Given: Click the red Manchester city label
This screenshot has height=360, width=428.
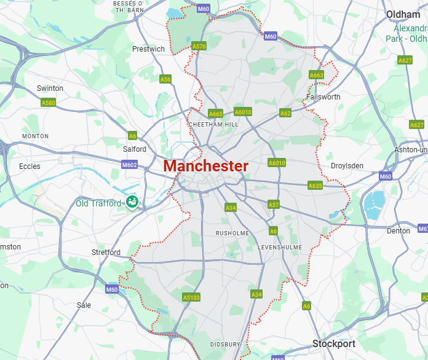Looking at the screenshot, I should click(x=206, y=166).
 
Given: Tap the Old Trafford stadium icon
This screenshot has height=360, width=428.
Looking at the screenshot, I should click(x=131, y=202).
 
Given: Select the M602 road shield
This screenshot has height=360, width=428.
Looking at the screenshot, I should click(x=130, y=165).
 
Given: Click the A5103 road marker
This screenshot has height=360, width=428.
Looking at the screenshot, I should click(x=191, y=297).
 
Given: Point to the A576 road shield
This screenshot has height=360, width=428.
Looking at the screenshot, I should click(x=199, y=46).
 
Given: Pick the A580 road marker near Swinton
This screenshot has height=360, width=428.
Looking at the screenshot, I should click(x=49, y=103).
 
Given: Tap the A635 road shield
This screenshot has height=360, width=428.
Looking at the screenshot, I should click(x=315, y=186).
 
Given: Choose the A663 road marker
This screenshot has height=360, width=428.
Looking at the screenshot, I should click(x=316, y=75).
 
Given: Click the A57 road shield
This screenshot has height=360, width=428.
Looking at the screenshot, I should click(x=274, y=205).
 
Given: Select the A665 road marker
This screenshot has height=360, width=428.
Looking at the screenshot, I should click(x=215, y=114).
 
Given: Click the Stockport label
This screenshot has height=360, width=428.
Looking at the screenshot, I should click(x=334, y=343).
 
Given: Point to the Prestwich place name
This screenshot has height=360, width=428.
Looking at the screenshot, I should click(x=148, y=49).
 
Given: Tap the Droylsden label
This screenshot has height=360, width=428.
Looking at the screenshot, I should click(x=347, y=166).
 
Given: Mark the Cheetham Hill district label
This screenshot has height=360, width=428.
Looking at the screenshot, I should click(x=214, y=125).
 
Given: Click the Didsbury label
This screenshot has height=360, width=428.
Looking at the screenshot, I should click(x=224, y=344).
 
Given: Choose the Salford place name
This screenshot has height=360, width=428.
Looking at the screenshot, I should click(x=135, y=149).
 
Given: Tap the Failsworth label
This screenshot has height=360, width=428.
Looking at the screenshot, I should click(x=323, y=97).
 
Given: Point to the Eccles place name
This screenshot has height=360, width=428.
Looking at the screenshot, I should click(x=30, y=166).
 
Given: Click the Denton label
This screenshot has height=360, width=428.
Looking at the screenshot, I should click(x=398, y=231).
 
